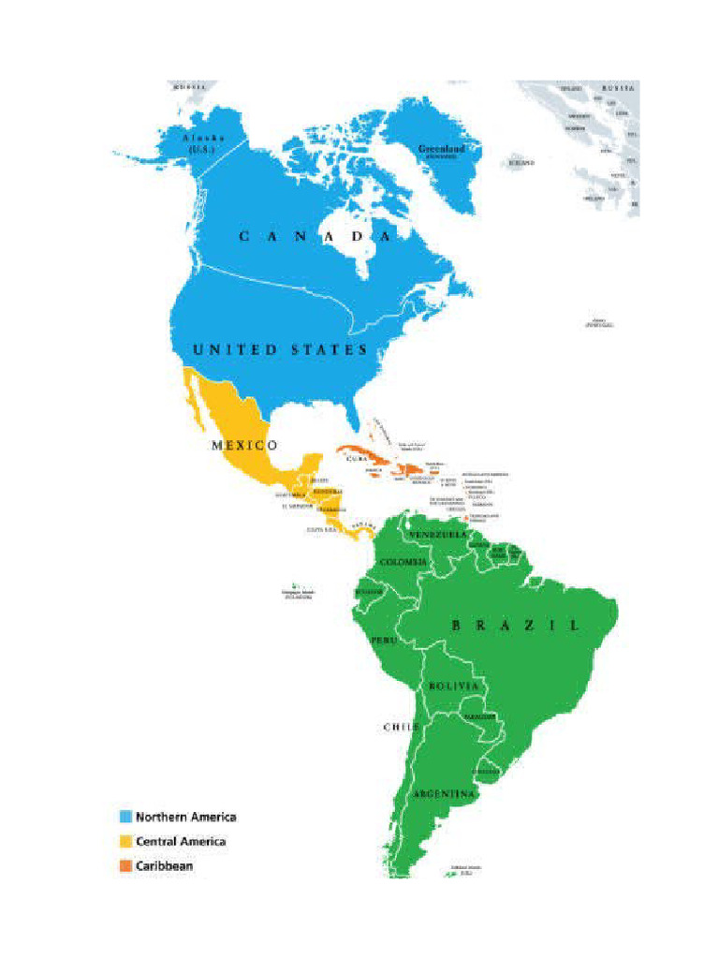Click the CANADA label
(315, 237)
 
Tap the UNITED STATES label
(280, 349)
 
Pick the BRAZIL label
(515, 625)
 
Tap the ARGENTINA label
(446, 794)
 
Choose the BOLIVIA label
(454, 686)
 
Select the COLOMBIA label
(404, 562)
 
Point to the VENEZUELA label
(437, 534)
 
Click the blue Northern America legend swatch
(125, 817)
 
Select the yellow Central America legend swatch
(125, 842)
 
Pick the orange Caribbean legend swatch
(125, 866)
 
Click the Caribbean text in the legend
(164, 866)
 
